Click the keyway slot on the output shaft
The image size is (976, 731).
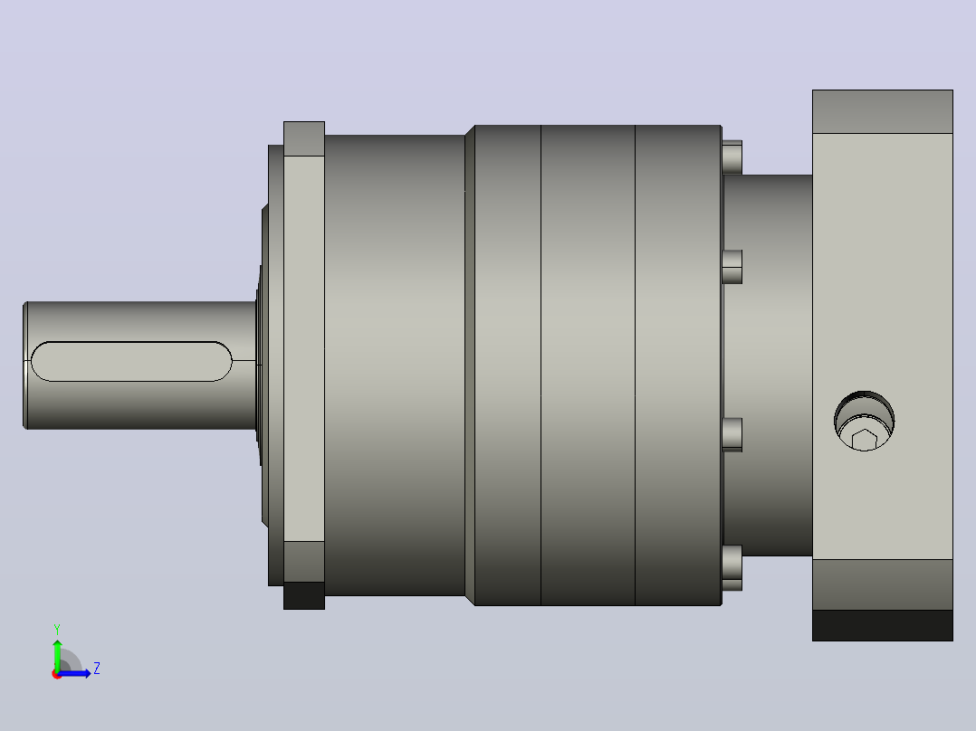point(131,362)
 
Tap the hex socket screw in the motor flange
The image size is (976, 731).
point(864,422)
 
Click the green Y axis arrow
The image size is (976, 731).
point(57,654)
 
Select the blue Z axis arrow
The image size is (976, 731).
point(74,673)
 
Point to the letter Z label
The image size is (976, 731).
point(97,669)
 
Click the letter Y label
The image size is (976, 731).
point(57,629)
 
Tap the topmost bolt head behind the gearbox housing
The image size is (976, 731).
point(732,157)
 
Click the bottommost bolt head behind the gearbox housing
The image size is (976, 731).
point(732,568)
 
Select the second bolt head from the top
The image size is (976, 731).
point(732,267)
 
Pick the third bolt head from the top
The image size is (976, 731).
point(732,434)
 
